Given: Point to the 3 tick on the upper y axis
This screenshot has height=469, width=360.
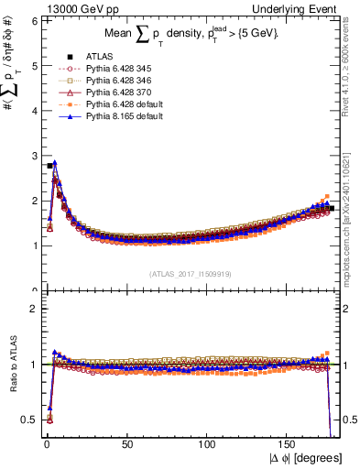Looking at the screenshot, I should [x=33, y=155].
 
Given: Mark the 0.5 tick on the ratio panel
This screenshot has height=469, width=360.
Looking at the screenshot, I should [x=28, y=420].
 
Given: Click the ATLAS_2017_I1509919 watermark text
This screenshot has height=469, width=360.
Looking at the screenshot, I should [x=191, y=273].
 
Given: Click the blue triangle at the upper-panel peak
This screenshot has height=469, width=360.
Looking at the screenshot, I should [x=55, y=163].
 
